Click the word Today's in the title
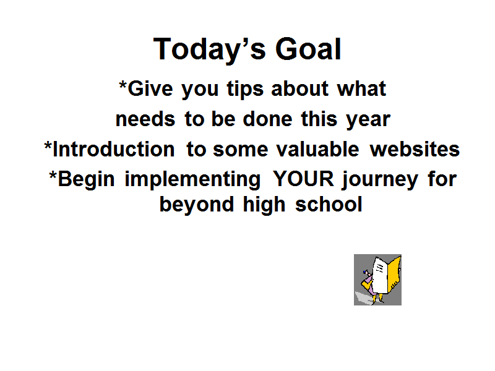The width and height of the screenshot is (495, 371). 209,49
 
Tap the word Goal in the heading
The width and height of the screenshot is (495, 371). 308,49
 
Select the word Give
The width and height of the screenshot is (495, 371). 150,88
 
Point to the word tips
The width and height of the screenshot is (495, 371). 245,89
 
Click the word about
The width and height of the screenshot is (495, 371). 300,88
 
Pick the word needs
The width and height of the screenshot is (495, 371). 145,119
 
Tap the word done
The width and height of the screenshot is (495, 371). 267,119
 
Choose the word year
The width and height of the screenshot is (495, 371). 368,121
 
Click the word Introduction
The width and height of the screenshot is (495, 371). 114,149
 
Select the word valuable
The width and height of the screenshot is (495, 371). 317,149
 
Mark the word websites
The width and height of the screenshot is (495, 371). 415,149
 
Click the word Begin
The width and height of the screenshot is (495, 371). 86,180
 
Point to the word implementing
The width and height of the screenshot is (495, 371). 192,180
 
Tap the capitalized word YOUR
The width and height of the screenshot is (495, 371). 303,179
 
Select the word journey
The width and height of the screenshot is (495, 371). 380,180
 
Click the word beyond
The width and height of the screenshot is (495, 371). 196,205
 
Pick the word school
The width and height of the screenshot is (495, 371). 329,205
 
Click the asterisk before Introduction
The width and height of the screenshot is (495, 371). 48,146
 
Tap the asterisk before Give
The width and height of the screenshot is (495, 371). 123,85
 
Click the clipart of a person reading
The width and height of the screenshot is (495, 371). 377,280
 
